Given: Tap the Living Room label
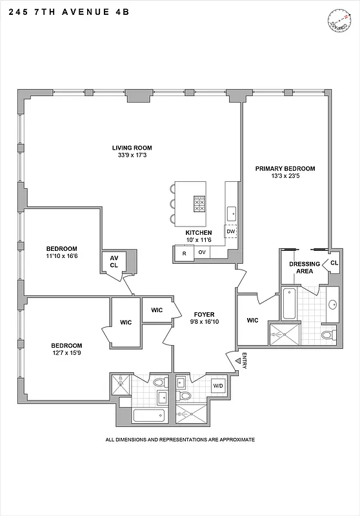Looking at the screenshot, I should [x=132, y=148].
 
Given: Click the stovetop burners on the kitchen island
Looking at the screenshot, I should [x=199, y=204].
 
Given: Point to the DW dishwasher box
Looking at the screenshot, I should [x=230, y=232].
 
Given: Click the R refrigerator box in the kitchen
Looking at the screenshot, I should [x=184, y=253].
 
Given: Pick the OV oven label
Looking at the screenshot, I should [x=202, y=253].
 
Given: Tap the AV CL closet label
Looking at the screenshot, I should [x=114, y=261].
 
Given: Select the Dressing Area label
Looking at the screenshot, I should [x=301, y=267].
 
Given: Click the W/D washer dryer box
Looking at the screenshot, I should [x=219, y=386].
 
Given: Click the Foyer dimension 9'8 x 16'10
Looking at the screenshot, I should [x=203, y=322].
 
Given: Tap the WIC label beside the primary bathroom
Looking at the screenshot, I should [x=252, y=321].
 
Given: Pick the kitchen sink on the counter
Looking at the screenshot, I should [x=231, y=212].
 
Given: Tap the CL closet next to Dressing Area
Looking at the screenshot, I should [x=334, y=263].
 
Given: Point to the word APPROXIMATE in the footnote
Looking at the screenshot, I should [x=233, y=440].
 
